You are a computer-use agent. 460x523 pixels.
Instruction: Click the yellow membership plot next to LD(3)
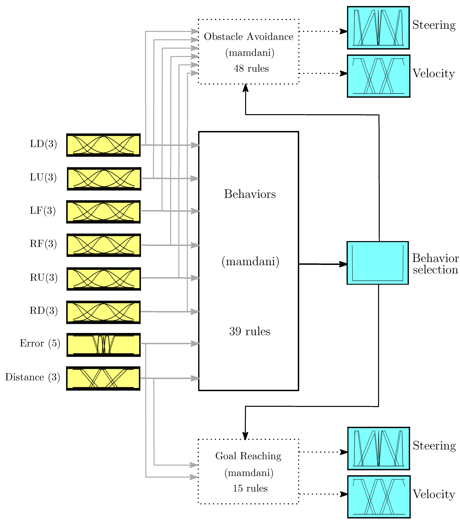[x=103, y=145]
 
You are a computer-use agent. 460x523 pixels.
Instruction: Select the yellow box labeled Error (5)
[x=103, y=345]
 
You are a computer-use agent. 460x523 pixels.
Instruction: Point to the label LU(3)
[x=43, y=177]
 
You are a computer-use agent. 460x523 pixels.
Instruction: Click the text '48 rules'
[x=251, y=69]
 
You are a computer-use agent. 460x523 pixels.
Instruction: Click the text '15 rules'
[x=250, y=488]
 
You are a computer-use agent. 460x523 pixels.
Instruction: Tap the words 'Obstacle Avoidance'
[x=248, y=37]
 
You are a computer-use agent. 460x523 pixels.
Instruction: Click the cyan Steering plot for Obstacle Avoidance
[x=378, y=28]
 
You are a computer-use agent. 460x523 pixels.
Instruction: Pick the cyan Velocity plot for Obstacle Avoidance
[x=378, y=76]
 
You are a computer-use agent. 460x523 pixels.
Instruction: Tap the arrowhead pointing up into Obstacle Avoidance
[x=245, y=88]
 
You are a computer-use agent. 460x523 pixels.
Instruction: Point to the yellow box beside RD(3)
[x=103, y=312]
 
